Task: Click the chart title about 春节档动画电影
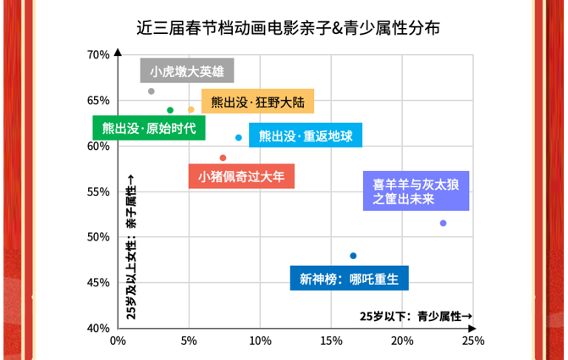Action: pos(288,28)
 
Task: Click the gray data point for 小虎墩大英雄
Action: pos(151,91)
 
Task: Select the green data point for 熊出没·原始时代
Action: pos(170,110)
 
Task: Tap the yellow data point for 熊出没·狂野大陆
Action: pos(190,109)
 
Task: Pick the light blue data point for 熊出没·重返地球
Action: pos(239,137)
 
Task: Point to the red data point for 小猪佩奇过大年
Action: pos(223,158)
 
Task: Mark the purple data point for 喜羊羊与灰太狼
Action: pos(443,223)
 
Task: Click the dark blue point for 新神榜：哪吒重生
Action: pos(353,256)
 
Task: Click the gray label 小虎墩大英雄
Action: pos(186,72)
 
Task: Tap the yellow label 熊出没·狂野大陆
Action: pos(257,102)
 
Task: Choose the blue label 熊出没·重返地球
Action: pos(306,136)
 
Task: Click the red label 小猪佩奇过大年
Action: pos(241,177)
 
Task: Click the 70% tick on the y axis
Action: pos(99,56)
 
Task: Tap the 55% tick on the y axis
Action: pos(99,191)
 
